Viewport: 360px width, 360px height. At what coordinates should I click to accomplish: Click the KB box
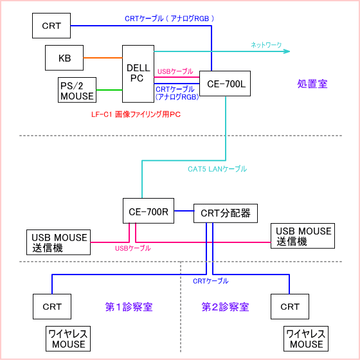tap(64, 58)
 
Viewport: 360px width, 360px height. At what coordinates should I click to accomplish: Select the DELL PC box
tap(138, 74)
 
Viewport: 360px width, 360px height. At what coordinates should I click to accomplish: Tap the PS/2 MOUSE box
tap(77, 90)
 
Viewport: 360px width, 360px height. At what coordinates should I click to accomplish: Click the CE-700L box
tap(225, 84)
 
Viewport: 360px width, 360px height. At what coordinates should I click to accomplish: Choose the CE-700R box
tap(148, 211)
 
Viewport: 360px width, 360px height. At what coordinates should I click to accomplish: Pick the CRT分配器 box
tap(226, 213)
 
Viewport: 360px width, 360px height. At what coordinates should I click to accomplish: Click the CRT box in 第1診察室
tap(52, 307)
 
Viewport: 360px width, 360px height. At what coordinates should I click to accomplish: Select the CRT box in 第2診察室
tap(290, 307)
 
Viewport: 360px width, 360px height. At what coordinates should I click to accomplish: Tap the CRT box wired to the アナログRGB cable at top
tap(51, 26)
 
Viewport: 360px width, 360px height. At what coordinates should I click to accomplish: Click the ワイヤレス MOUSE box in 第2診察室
tap(306, 339)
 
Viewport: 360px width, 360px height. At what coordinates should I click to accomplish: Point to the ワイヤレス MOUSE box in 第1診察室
tap(68, 339)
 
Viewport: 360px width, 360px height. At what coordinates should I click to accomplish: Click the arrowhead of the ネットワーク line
tap(287, 51)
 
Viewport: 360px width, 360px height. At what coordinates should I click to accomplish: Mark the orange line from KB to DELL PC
tap(103, 58)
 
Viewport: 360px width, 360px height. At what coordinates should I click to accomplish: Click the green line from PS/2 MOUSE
tap(109, 90)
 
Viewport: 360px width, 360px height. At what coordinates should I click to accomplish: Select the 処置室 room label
tap(312, 84)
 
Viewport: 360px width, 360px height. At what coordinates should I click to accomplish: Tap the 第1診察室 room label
tap(129, 307)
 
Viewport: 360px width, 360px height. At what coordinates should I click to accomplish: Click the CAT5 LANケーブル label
tap(217, 169)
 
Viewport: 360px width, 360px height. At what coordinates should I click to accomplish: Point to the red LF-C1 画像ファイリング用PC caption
tap(136, 114)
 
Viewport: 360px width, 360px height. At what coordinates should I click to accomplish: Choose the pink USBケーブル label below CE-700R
tap(133, 248)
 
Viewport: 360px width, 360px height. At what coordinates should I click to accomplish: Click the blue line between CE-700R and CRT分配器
tap(184, 211)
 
